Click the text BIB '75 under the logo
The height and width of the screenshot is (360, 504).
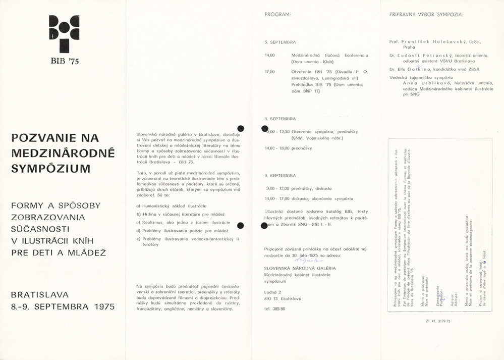[x=64, y=61]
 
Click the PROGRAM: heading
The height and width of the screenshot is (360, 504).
[x=277, y=15]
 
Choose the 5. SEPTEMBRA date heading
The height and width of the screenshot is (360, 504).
[x=280, y=42]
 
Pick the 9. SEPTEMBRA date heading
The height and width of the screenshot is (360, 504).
[x=280, y=175]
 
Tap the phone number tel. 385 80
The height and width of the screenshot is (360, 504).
[x=275, y=308]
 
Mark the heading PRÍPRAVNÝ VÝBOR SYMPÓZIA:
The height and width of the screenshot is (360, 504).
[x=426, y=15]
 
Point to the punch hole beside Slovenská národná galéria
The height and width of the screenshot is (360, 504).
[x=241, y=129]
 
